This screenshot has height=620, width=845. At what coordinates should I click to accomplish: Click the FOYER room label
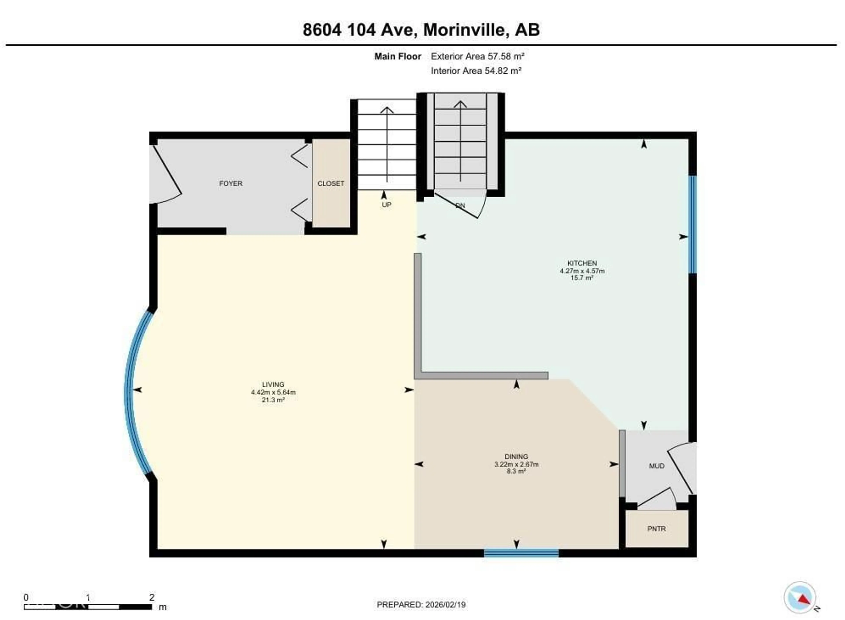pos(231,183)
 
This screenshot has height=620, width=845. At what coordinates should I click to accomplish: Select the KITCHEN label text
pos(582,263)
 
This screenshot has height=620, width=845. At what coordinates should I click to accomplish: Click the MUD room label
pos(656,466)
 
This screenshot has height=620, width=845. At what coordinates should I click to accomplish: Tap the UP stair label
pos(386,205)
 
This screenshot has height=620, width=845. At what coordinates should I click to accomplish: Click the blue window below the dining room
pos(521,553)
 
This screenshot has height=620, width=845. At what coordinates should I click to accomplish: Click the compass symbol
pos(800,598)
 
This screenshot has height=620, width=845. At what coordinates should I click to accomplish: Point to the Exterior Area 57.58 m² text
pos(477,56)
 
